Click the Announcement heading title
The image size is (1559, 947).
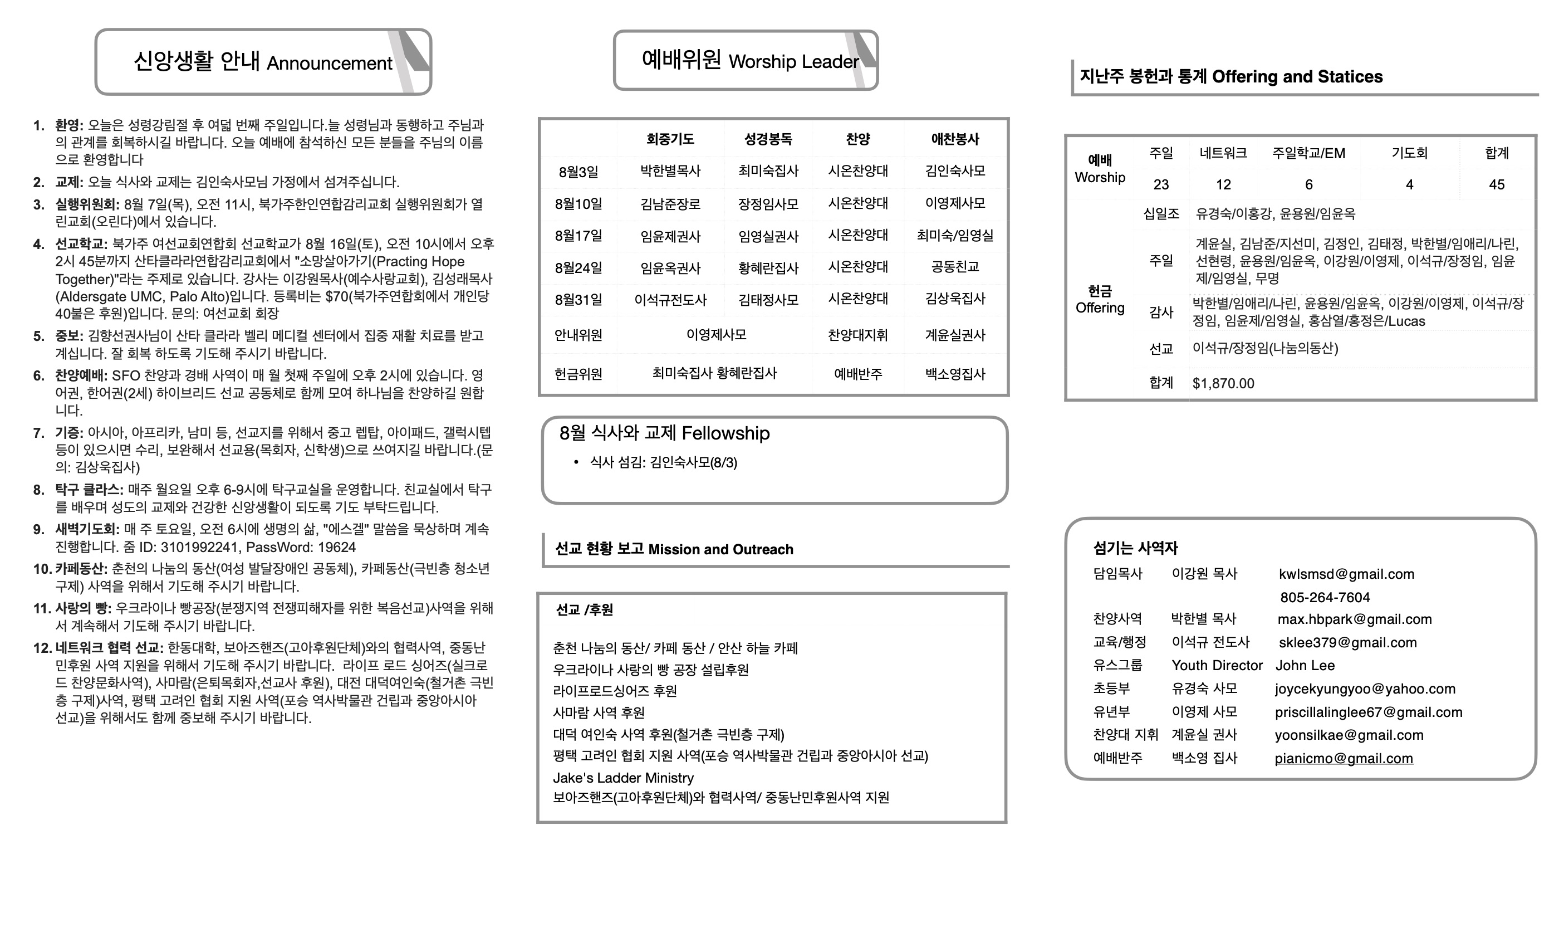coord(263,62)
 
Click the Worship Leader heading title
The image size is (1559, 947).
coord(750,61)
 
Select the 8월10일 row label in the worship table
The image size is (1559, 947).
coord(578,204)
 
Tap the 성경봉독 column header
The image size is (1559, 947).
coord(768,139)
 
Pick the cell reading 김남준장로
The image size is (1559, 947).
coord(670,204)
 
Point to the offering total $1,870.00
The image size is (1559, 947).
coord(1223,383)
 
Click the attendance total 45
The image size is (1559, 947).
coord(1497,184)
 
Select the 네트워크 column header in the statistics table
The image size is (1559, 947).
coord(1223,153)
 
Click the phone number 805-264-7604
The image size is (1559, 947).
coord(1325,597)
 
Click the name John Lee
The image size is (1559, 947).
coord(1305,665)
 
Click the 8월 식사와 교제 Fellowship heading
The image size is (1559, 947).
coord(664,433)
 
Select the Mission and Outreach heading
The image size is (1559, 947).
coord(674,549)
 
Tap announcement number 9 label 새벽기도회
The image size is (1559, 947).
coord(87,529)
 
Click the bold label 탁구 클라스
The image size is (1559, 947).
coord(89,489)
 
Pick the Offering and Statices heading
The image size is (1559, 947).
coord(1230,77)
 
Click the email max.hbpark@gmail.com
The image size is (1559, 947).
coord(1355,619)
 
